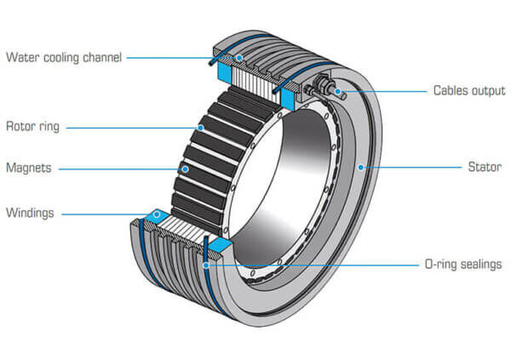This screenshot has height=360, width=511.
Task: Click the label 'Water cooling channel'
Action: click(x=64, y=58)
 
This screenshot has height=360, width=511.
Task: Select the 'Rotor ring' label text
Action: click(x=33, y=128)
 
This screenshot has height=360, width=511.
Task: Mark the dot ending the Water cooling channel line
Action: click(x=240, y=58)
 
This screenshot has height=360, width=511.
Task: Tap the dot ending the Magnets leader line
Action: click(x=183, y=169)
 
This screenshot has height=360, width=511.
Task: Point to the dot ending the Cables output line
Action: click(x=338, y=90)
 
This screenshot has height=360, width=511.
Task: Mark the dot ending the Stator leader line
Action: click(x=361, y=168)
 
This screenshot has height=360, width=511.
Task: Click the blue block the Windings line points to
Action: click(x=157, y=219)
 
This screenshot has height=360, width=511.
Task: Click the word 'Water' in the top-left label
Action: click(x=22, y=58)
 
